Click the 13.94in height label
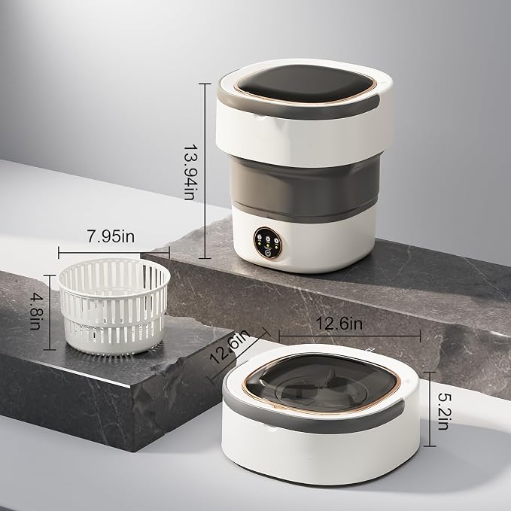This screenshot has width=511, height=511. tap(190, 172)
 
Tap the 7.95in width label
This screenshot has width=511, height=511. tap(111, 236)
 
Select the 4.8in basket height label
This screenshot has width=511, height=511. tap(35, 312)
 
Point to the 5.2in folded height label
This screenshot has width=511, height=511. tap(443, 411)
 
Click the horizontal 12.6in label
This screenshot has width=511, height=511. tap(339, 324)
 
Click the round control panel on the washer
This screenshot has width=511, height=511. tap(268, 243)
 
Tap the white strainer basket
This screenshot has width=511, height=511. tap(114, 306)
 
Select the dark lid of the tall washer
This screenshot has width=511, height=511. tap(305, 83)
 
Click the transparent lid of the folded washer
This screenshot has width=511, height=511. tap(321, 382)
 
